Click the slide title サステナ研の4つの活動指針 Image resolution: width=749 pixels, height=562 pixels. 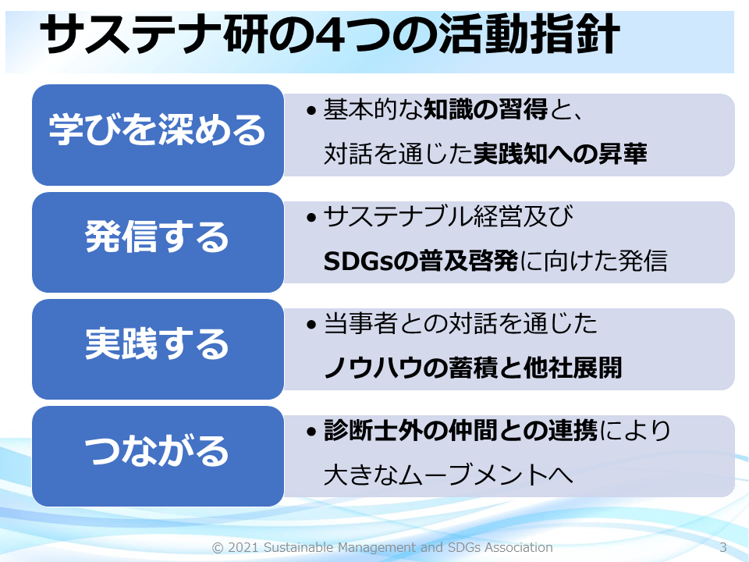pos(330,34)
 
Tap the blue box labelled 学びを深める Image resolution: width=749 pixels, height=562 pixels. pos(158,135)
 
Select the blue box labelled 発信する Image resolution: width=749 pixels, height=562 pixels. pos(158,242)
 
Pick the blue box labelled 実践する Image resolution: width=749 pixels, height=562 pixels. pos(158,349)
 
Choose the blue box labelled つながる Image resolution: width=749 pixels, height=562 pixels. pos(158,456)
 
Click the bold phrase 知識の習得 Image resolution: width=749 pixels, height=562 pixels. pos(486,109)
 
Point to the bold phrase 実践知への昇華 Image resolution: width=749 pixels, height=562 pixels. pos(560,154)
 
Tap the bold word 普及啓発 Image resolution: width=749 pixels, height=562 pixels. pos(469,261)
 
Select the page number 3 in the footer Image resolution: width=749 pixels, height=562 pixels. pos(723,548)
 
